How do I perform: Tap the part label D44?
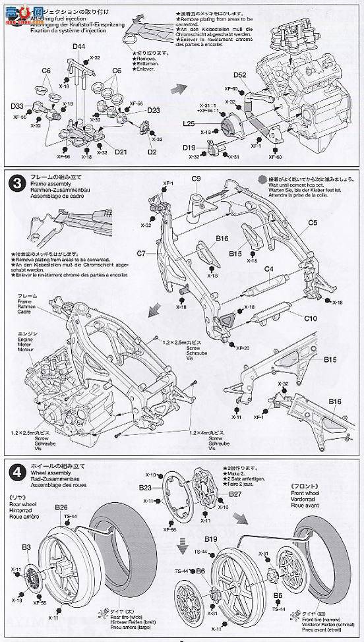point(79,46)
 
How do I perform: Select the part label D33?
point(18,106)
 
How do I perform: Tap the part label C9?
point(196,179)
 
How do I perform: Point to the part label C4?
point(268,270)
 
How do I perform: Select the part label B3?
point(26,546)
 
